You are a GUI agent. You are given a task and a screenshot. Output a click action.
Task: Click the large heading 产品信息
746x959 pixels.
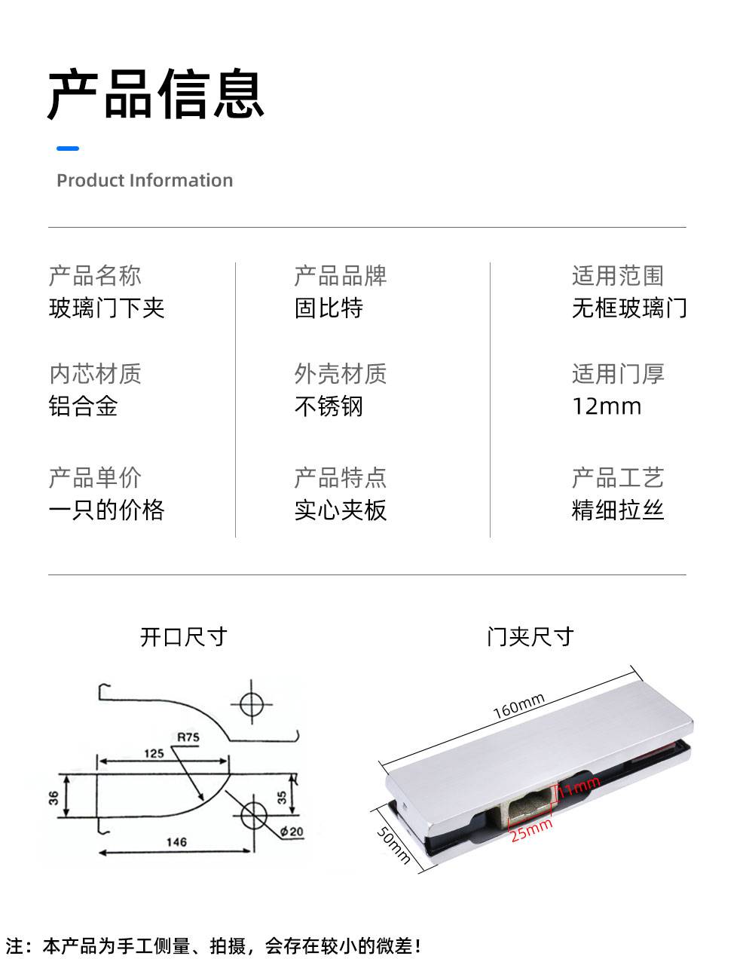156,93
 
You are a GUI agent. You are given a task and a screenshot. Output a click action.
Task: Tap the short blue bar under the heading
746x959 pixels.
68,149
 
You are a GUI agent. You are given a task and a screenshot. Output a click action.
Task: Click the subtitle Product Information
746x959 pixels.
145,180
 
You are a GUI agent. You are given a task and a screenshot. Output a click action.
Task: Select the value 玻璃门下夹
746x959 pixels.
106,308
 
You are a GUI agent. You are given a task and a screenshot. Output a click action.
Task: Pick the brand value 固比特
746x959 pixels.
329,308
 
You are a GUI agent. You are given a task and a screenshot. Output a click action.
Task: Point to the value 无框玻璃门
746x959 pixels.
629,308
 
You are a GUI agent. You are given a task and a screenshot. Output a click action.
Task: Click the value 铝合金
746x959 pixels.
84,406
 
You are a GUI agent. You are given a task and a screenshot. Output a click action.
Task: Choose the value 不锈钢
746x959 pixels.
329,406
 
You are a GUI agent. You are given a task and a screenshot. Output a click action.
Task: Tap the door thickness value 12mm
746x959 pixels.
607,406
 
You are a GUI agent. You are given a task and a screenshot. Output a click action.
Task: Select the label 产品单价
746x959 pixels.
95,477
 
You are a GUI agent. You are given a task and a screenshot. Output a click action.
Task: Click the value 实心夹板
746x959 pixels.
341,510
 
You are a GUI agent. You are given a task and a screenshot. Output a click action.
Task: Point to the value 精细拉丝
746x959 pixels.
618,510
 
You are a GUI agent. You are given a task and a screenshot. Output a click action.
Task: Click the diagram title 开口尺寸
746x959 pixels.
183,637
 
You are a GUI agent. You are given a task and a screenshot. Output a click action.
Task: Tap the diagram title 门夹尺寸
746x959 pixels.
530,637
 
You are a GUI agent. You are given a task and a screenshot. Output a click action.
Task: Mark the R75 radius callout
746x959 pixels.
188,737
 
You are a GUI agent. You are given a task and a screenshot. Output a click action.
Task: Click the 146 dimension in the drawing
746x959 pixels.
176,842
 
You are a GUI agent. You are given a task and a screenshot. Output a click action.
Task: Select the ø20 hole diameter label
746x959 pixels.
292,832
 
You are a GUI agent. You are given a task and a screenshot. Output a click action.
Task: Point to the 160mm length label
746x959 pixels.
519,706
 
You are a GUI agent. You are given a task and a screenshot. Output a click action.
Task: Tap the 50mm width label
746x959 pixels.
393,844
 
